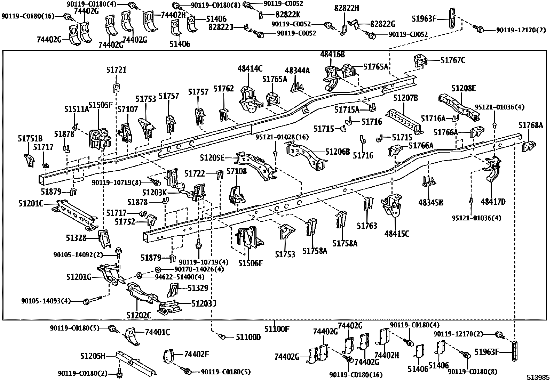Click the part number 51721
[116, 70]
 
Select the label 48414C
[250, 68]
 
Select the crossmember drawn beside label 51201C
[75, 214]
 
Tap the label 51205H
[93, 356]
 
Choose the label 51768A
[530, 125]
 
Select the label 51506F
[251, 263]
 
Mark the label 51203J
[204, 303]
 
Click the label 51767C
[453, 60]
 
